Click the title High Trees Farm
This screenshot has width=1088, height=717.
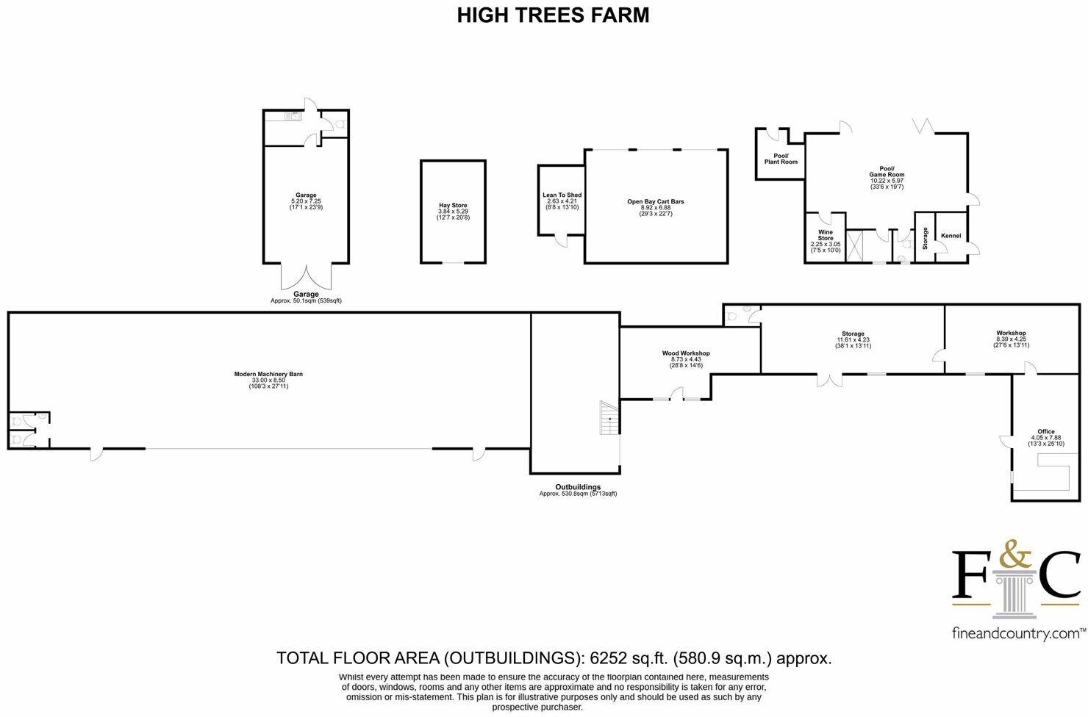(553, 15)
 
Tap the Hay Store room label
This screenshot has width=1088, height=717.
(453, 206)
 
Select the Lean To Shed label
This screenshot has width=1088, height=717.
(562, 195)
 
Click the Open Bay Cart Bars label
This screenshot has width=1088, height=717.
(655, 201)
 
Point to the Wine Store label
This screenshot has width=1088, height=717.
(826, 235)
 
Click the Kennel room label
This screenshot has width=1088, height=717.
(951, 236)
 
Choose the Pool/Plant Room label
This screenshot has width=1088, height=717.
(780, 159)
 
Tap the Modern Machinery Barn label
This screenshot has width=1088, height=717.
(268, 374)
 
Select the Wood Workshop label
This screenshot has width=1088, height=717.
(686, 353)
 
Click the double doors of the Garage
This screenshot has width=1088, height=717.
(306, 277)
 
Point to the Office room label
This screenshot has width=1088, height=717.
(1045, 432)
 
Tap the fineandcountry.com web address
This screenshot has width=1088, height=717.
(1018, 633)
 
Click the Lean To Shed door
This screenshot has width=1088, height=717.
(561, 241)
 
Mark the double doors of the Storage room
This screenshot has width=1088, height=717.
(829, 380)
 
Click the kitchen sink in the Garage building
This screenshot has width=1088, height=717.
(295, 115)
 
